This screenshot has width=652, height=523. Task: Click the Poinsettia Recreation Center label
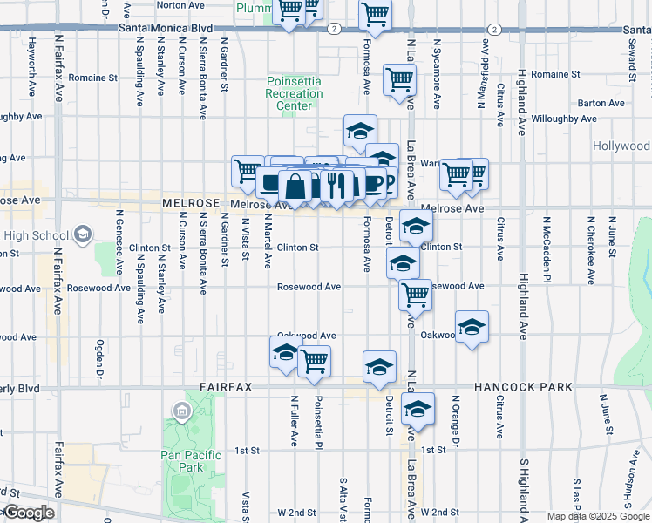(x=295, y=93)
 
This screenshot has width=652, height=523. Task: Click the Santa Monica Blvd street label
(x=165, y=28)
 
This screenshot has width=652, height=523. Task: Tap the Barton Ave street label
(x=604, y=103)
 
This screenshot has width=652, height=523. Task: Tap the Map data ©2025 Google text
(x=598, y=516)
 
